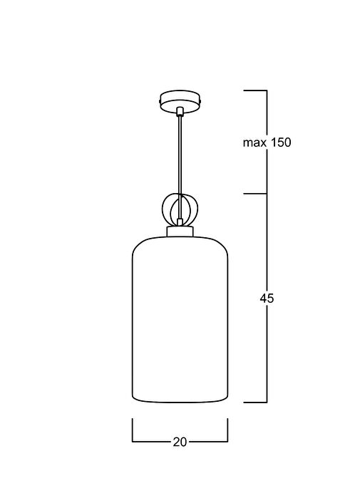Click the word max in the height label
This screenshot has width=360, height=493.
pyautogui.click(x=254, y=143)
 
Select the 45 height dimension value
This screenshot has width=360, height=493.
pyautogui.click(x=267, y=298)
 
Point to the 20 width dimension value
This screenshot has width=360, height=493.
pyautogui.click(x=180, y=442)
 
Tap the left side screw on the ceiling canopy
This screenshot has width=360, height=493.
pyautogui.click(x=160, y=102)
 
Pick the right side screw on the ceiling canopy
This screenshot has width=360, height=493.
pyautogui.click(x=200, y=102)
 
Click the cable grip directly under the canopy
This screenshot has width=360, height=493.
pyautogui.click(x=180, y=112)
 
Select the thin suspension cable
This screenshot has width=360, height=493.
pyautogui.click(x=180, y=167)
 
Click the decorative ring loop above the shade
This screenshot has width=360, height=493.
pyautogui.click(x=163, y=209)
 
